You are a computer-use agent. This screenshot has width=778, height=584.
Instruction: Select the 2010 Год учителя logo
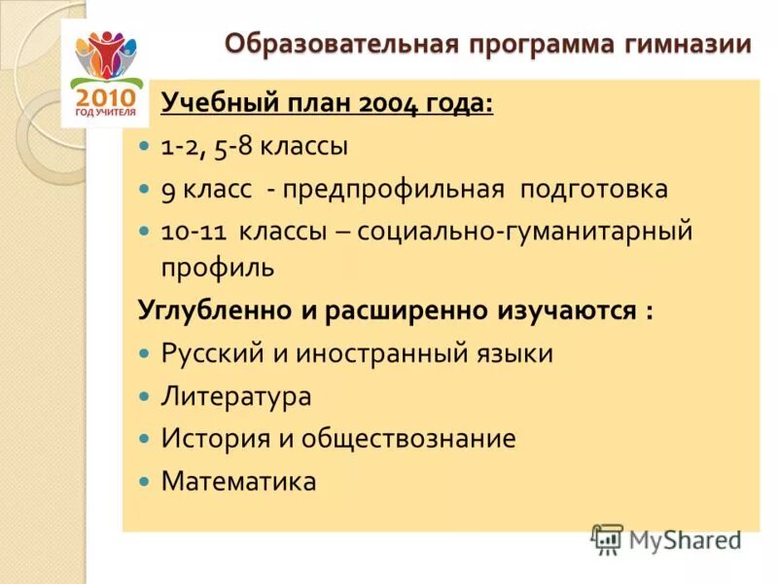106,74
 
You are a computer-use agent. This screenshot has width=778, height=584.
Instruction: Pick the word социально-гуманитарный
524,232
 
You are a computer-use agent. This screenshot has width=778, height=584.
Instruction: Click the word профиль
218,267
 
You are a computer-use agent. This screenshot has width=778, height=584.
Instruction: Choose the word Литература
236,396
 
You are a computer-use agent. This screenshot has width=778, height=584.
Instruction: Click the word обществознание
408,438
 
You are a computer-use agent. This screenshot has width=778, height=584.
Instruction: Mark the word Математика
239,481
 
